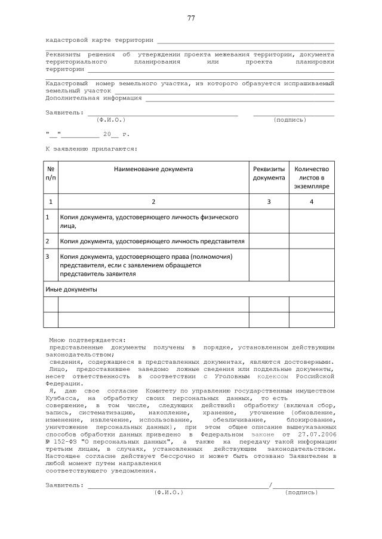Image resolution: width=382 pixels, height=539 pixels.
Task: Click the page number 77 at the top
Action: click(x=191, y=18)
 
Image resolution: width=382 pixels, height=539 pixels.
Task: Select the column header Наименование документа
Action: click(x=153, y=169)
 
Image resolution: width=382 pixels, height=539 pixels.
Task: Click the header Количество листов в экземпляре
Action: click(x=312, y=177)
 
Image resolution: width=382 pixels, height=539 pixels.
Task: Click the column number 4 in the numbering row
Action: click(x=312, y=202)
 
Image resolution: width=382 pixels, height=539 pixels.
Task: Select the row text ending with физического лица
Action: click(x=149, y=221)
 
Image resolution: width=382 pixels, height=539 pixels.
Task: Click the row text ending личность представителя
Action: click(x=152, y=241)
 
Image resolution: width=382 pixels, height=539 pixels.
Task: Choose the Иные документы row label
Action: click(x=71, y=289)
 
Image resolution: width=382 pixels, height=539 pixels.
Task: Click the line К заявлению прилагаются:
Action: click(x=91, y=148)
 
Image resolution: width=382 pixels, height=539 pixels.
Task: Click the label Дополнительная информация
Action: click(x=94, y=97)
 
